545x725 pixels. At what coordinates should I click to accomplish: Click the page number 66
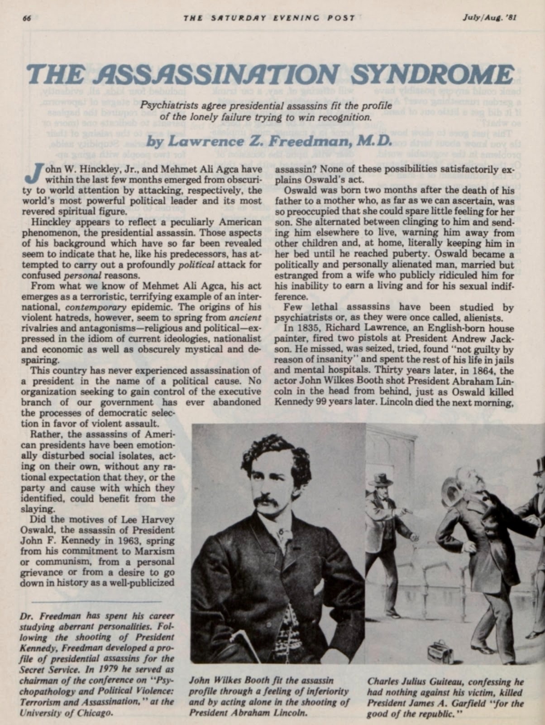(26, 18)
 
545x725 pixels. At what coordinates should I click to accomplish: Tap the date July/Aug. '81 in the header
(489, 18)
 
